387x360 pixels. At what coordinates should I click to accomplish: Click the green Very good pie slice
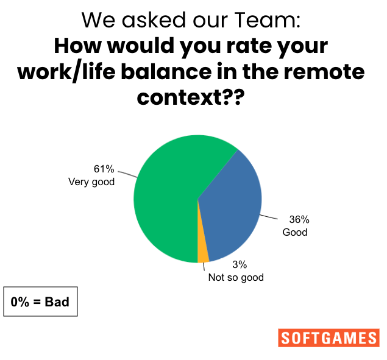168,197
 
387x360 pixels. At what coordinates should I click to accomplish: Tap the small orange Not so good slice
202,254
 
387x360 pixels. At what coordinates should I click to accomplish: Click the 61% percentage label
104,169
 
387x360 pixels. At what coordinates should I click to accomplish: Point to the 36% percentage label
299,219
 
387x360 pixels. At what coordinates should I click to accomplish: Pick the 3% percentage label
240,264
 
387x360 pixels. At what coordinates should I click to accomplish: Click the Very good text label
91,182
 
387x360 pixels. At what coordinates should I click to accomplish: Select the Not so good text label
236,278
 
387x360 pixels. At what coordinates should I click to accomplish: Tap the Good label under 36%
295,232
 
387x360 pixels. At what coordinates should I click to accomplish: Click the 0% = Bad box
40,302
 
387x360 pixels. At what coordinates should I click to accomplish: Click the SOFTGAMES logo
328,338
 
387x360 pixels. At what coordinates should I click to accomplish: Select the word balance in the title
166,71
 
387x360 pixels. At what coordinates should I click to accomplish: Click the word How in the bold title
78,46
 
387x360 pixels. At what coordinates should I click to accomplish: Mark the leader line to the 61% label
127,174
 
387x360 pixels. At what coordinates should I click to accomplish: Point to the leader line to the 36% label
269,217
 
